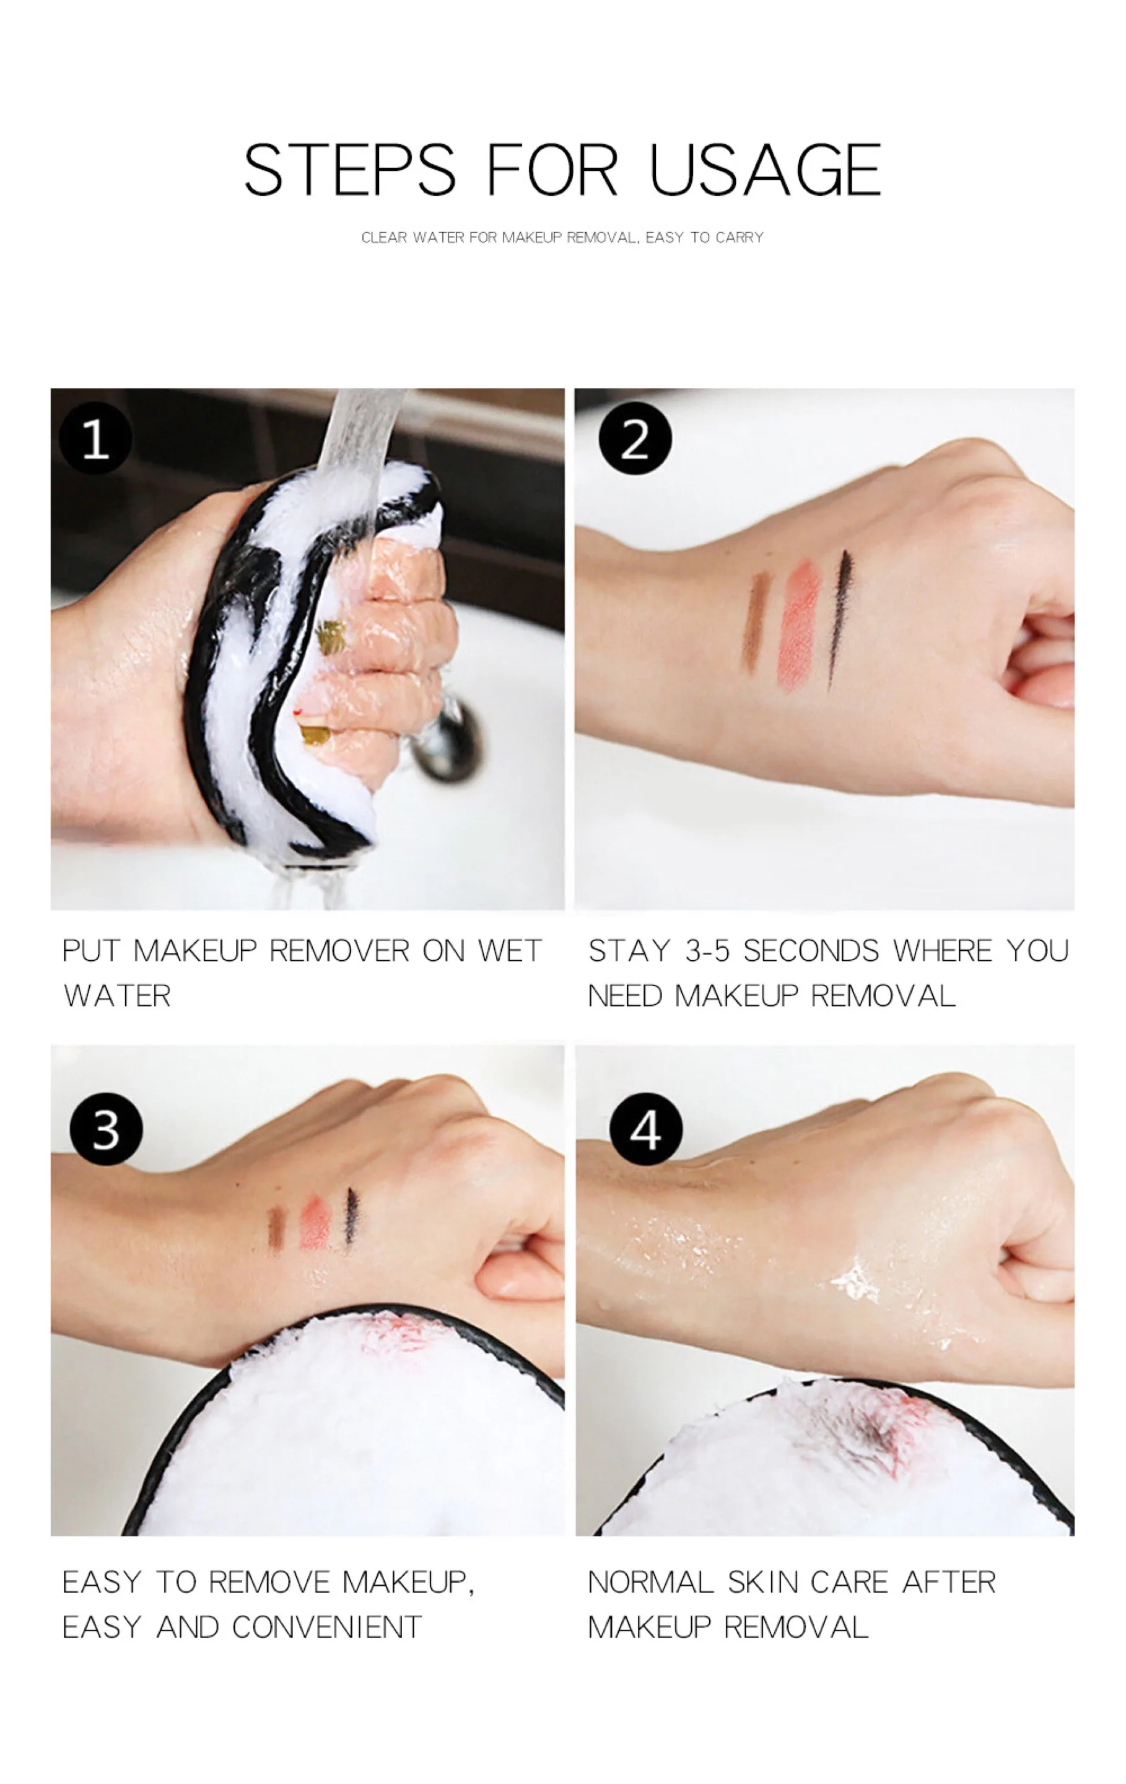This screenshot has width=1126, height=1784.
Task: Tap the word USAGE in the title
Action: point(764,170)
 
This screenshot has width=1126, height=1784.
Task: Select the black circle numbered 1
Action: point(95,439)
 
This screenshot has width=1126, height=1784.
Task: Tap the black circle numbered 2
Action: point(634,439)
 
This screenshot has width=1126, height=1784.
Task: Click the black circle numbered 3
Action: point(106,1129)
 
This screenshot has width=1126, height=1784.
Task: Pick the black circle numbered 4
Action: point(645,1129)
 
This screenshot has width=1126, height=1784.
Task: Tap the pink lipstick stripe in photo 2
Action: point(798,624)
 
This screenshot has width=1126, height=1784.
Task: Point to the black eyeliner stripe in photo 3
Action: point(351,1217)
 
